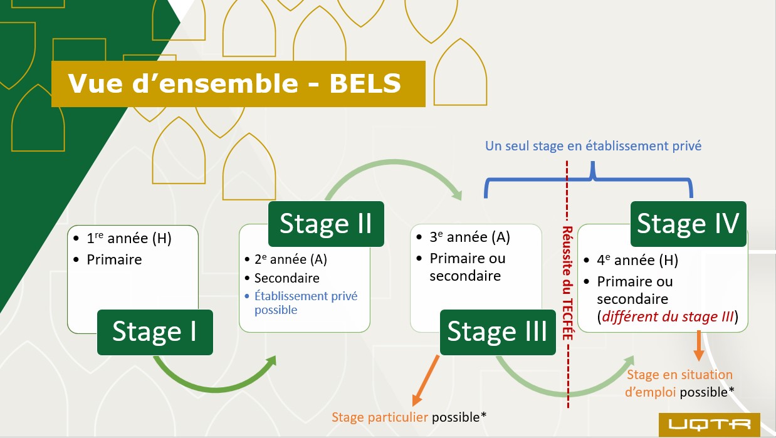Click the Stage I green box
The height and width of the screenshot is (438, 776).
pos(155,332)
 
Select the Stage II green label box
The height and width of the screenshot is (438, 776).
pos(326,224)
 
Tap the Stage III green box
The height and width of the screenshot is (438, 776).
pos(497,332)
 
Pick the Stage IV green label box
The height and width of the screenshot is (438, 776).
pos(688,224)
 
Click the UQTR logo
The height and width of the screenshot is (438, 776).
pos(709,424)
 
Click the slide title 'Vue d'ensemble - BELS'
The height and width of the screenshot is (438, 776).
pos(235,84)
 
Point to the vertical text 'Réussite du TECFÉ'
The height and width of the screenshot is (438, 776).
pos(567,283)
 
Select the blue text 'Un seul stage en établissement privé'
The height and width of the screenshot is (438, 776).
pos(593,145)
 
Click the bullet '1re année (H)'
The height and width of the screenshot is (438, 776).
pos(128,238)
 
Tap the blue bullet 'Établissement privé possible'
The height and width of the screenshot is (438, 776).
pos(306,303)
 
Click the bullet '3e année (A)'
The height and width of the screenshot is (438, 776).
pos(469,237)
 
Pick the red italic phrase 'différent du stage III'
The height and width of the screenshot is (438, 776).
pos(667,317)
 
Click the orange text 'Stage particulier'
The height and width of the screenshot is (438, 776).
pos(380,417)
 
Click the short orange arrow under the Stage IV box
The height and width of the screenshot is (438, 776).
pos(698,347)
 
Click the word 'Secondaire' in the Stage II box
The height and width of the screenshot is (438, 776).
pos(287,278)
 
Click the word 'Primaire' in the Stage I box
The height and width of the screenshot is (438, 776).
pos(114,259)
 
